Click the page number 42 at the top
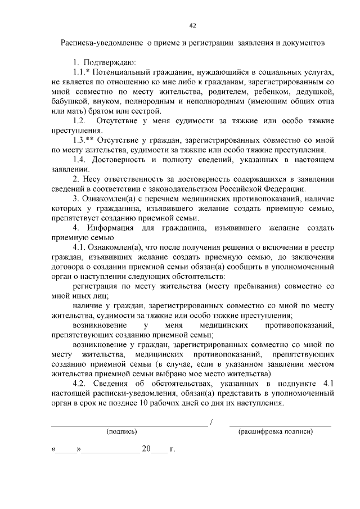[192, 25]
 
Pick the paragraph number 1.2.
[79, 121]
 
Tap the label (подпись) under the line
[121, 432]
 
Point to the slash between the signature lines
[211, 422]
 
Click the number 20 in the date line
[147, 449]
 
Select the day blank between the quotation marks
[66, 451]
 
